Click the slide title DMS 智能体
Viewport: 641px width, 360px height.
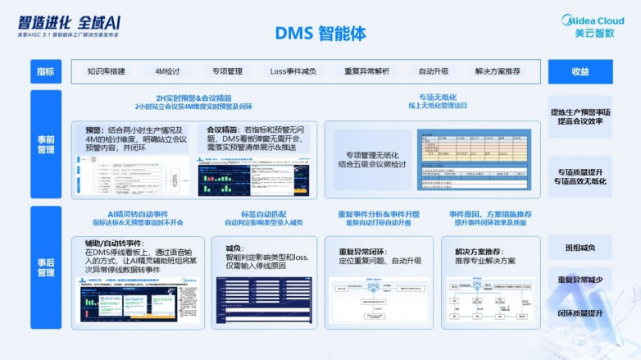320,34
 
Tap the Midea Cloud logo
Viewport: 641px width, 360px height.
593,25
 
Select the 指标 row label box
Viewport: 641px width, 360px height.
47,71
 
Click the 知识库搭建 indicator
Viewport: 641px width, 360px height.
106,71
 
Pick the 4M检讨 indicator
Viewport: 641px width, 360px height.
167,71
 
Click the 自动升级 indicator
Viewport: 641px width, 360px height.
433,71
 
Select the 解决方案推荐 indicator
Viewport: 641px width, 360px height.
497,71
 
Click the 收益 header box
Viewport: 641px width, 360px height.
580,71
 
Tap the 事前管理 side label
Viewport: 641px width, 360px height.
47,144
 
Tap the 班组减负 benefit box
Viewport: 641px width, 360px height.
580,248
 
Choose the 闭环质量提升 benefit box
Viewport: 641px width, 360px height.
580,312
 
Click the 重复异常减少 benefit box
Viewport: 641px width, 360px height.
580,280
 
